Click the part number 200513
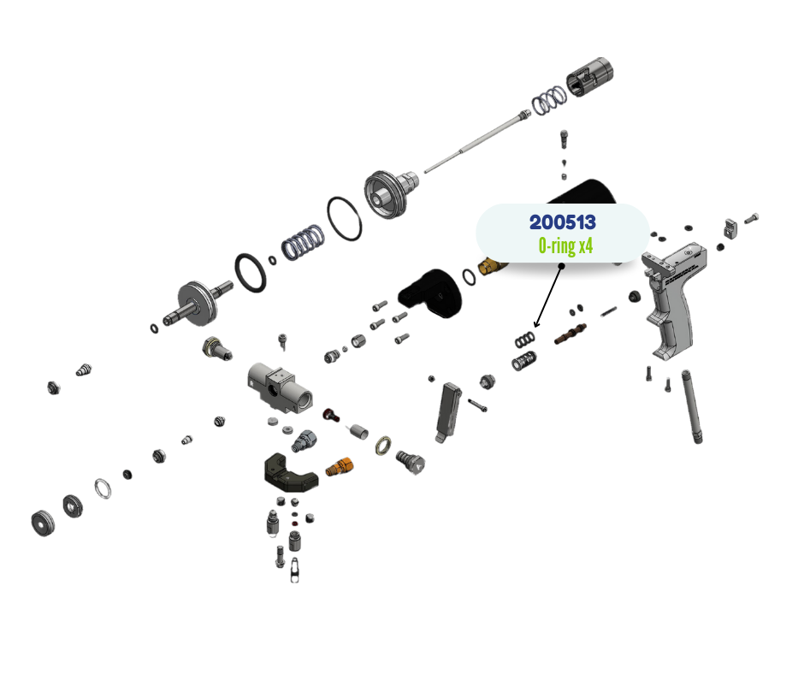tap(562, 222)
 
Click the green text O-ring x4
tap(565, 246)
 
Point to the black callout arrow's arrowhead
tap(535, 325)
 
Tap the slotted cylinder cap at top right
tap(592, 76)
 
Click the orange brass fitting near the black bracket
tap(340, 467)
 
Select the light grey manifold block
tap(279, 387)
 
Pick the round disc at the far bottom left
tap(41, 522)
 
